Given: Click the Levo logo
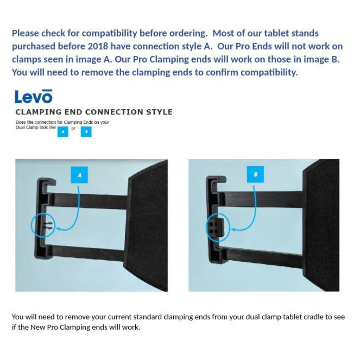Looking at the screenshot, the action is pos(33,96).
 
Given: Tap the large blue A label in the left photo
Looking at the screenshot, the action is pos(79,175).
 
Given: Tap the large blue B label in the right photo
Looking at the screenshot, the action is pos(255,174).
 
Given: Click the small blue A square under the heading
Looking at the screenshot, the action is pos(63,131).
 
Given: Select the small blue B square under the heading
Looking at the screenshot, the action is pos(86,131).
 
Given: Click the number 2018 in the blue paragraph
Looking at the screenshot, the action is pos(98,46).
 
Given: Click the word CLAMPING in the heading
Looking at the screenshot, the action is pos(38,112).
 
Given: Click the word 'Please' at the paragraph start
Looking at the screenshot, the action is pos(25,33).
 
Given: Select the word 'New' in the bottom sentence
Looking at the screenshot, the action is pos(38,327).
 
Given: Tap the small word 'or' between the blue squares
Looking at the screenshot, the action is pos(73,128).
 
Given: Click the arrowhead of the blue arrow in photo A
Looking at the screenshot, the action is pos(57,229).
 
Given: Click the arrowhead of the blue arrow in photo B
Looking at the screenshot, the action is pos(232,229).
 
